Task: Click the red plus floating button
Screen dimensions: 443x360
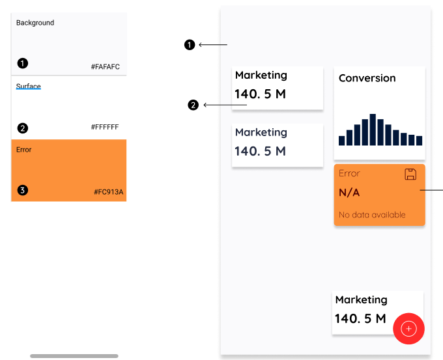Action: point(408,329)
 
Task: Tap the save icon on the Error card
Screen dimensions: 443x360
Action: point(410,174)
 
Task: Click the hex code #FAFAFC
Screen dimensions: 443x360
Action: point(105,66)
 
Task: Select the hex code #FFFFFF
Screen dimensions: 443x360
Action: point(105,127)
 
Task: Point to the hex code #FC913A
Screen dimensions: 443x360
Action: point(109,192)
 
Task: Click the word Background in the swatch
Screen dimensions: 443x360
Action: point(35,23)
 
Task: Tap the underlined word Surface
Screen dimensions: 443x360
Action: point(28,86)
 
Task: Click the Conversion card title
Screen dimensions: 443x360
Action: point(367,78)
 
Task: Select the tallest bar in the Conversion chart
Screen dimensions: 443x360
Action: point(373,130)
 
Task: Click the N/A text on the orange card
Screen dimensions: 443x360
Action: point(349,193)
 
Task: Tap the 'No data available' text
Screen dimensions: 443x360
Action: point(372,215)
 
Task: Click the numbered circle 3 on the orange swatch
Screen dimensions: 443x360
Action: point(23,190)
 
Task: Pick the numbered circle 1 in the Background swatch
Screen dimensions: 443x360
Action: point(23,63)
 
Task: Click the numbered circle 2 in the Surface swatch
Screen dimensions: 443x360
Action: point(23,128)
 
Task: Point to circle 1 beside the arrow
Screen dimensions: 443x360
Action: point(190,45)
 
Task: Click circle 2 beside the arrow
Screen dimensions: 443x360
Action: point(193,105)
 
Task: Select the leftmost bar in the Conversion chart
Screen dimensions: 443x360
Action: point(342,141)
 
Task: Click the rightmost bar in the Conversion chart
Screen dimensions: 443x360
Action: point(420,141)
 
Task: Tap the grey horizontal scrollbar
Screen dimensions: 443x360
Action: point(74,356)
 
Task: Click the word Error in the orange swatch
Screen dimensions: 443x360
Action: point(23,150)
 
